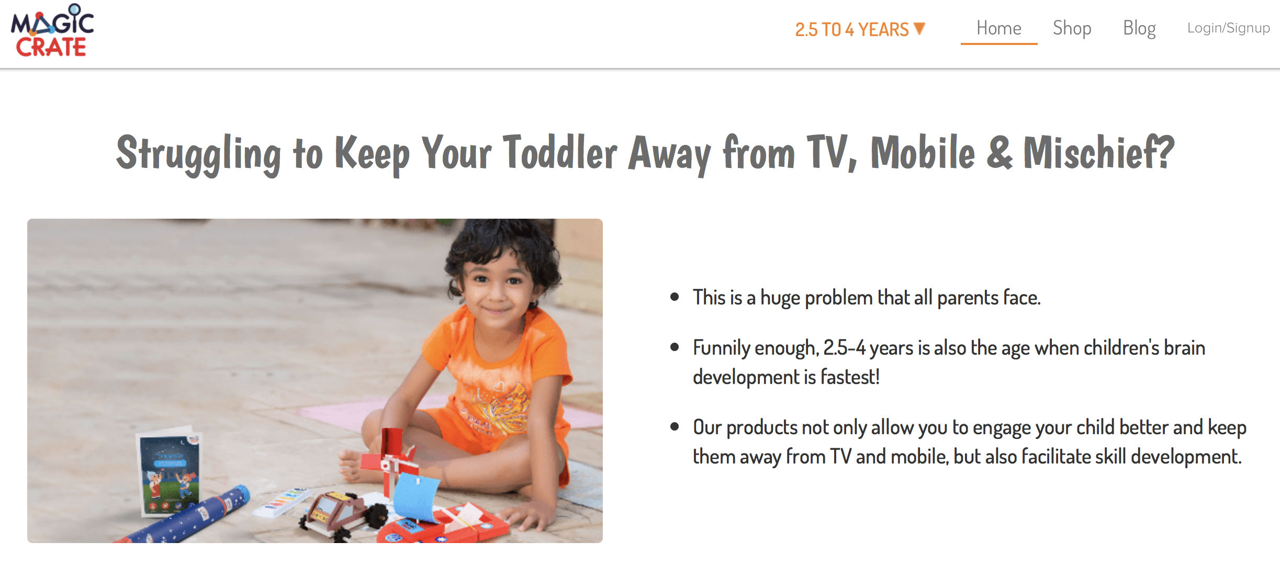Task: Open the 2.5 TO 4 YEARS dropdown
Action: (x=860, y=29)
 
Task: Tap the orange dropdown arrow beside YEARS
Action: (x=919, y=28)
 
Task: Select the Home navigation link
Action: (x=998, y=28)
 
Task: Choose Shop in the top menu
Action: (x=1072, y=28)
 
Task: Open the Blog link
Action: (x=1139, y=28)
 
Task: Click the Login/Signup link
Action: (x=1228, y=28)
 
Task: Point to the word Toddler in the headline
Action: (x=560, y=152)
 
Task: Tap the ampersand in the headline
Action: (x=1000, y=153)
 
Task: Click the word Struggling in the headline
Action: (x=198, y=155)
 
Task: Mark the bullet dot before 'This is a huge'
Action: (x=675, y=297)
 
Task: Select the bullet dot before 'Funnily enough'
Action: (x=675, y=347)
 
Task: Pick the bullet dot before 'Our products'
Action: (x=675, y=427)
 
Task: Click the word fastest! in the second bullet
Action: (x=850, y=377)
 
